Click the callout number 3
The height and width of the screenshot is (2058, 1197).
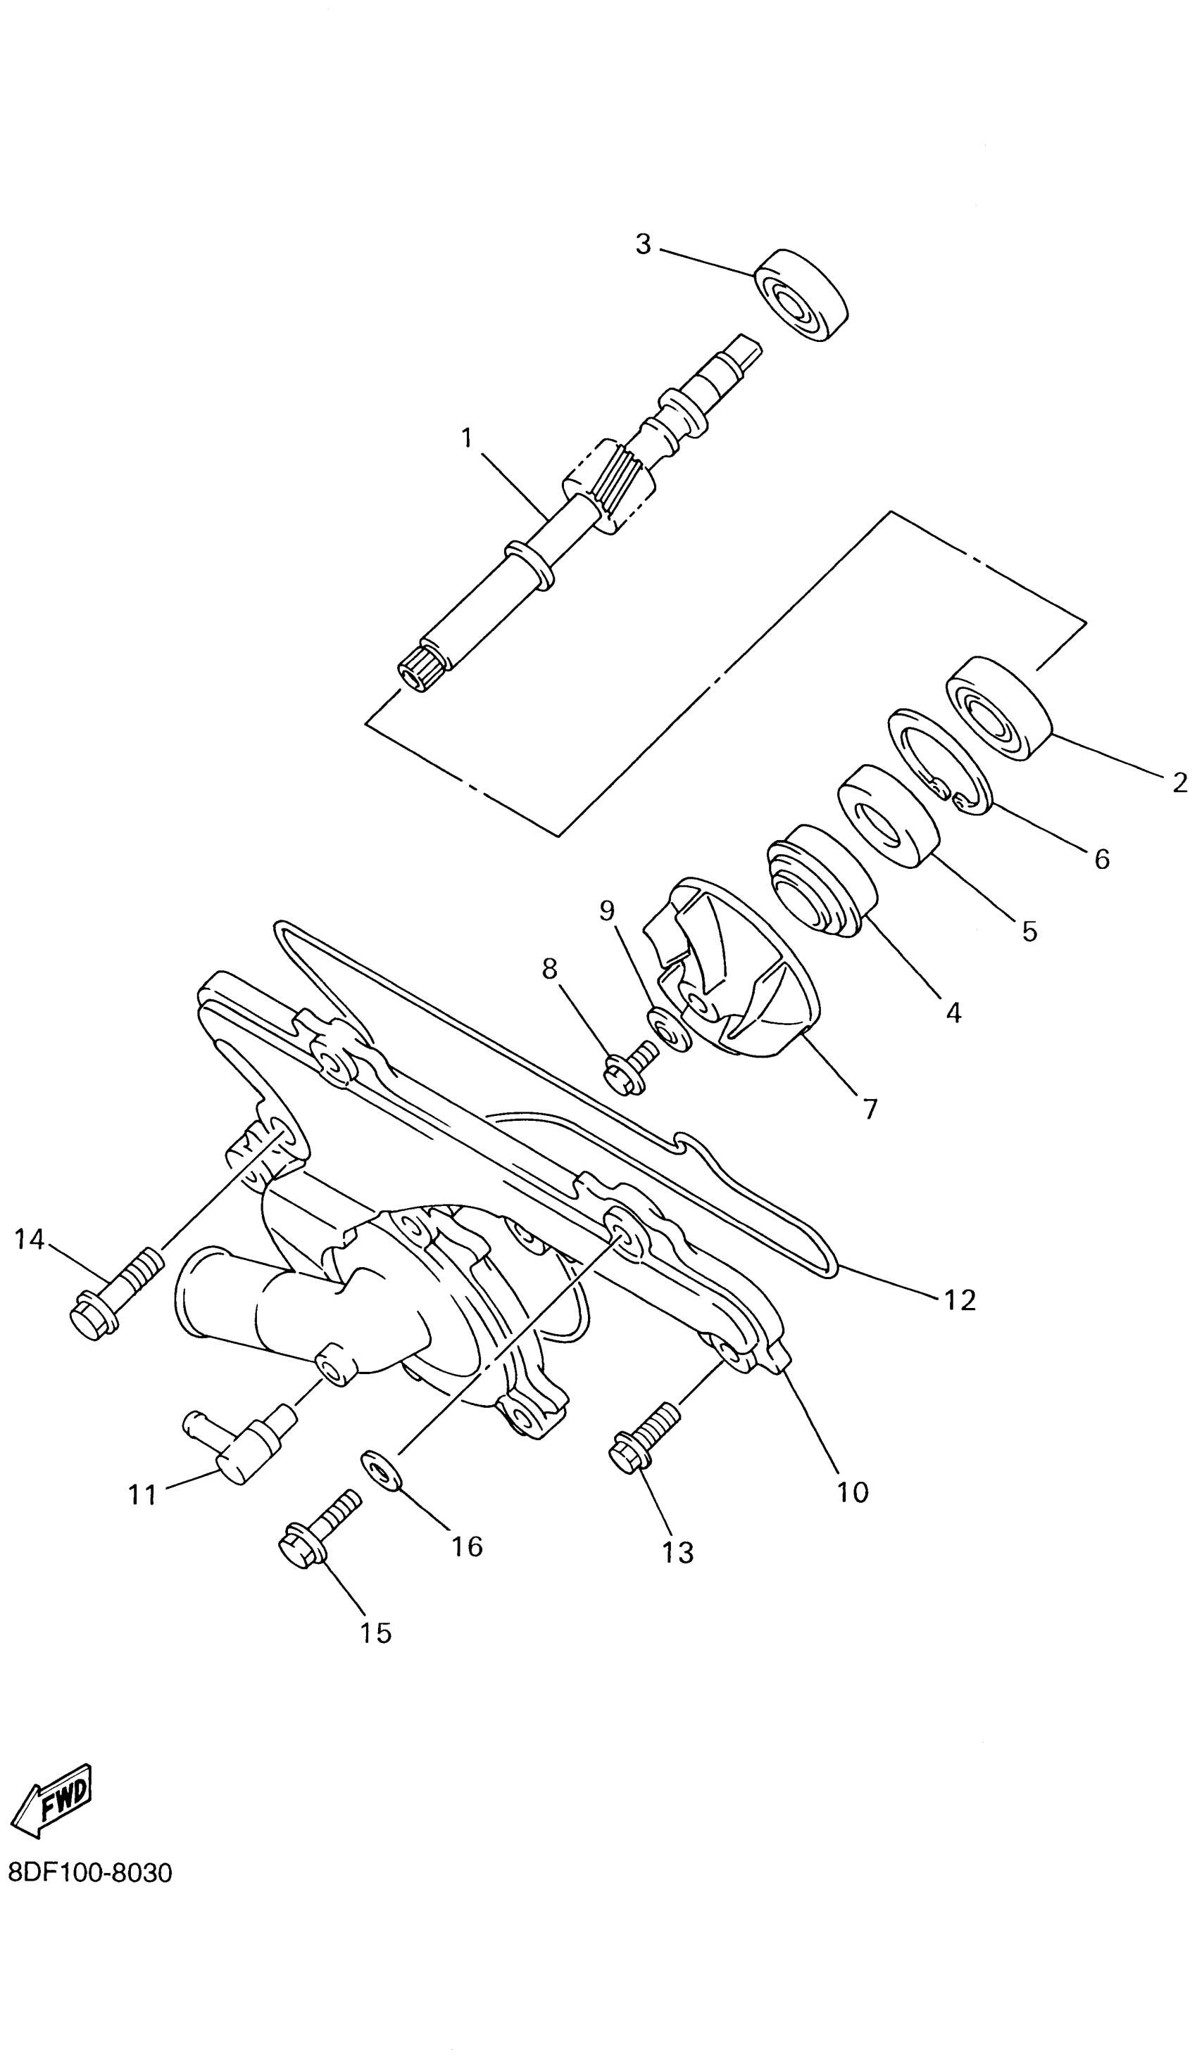pos(644,243)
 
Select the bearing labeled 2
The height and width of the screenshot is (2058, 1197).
pos(998,708)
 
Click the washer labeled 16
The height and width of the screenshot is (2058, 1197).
pos(382,1468)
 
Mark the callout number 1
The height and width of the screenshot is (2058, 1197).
pos(467,438)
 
